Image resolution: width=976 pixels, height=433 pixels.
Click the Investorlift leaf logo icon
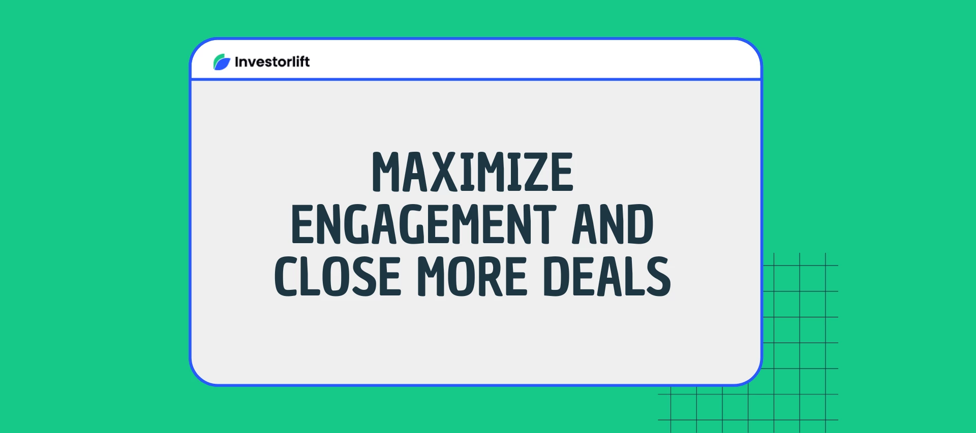(222, 62)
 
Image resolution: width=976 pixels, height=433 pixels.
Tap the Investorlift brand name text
(272, 62)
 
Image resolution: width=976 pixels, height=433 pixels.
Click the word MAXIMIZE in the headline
(472, 172)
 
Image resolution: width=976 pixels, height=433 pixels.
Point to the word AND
(613, 224)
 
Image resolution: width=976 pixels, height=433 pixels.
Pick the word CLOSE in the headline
(338, 276)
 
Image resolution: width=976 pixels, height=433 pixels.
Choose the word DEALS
(607, 276)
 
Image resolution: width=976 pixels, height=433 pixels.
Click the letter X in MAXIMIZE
(443, 172)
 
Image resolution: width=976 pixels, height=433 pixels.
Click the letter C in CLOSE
(287, 276)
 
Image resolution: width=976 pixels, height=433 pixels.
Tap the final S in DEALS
(658, 276)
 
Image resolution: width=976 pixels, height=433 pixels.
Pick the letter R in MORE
(491, 276)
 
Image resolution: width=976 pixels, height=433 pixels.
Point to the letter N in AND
(613, 224)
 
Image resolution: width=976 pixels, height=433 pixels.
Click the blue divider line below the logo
(476, 79)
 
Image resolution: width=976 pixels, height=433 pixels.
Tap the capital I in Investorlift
(237, 62)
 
